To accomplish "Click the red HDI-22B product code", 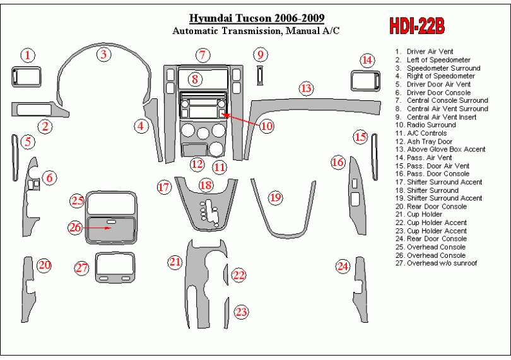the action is (x=417, y=26).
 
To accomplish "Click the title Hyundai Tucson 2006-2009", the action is (x=257, y=18).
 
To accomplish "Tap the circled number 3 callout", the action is (x=103, y=54).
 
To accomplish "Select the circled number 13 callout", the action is (x=306, y=88).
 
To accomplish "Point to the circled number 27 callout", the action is (x=81, y=268).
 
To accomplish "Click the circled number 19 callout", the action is (x=276, y=197).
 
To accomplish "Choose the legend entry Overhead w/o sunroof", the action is (x=436, y=263).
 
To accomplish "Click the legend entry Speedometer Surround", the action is (x=438, y=68).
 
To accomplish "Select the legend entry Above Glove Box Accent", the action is (x=440, y=149).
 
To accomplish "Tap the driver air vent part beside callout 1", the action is (x=26, y=77).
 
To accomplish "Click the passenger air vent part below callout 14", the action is (x=365, y=81).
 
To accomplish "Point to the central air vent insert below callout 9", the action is (x=260, y=75).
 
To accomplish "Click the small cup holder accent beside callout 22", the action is (x=226, y=275).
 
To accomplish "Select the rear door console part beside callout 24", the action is (x=360, y=289).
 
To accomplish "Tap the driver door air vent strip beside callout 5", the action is (x=15, y=158).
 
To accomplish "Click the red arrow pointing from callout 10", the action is (x=240, y=119).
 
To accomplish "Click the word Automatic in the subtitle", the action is (x=195, y=31).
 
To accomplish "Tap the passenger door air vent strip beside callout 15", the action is (x=375, y=157).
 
